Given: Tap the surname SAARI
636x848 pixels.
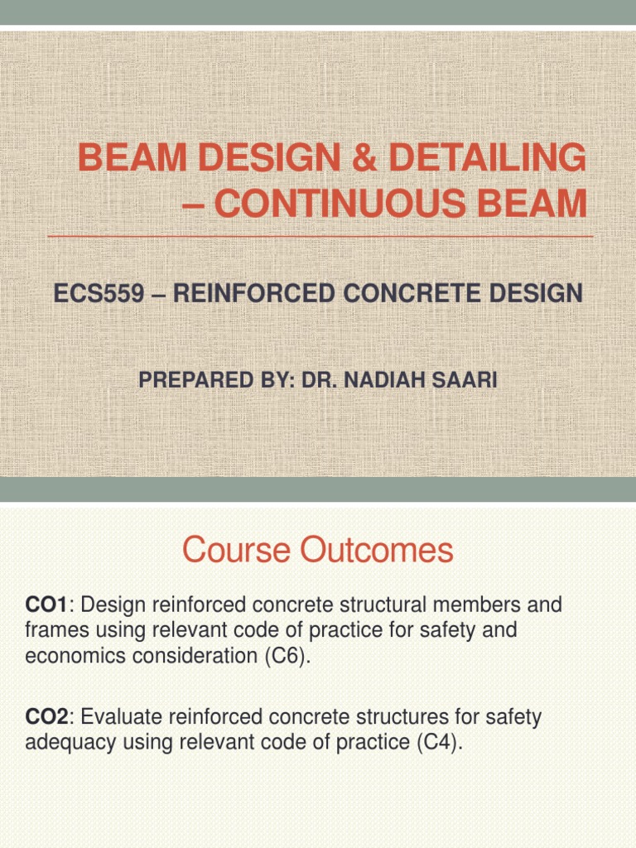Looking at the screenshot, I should pyautogui.click(x=469, y=381).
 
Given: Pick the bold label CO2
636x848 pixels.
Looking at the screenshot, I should pyautogui.click(x=44, y=717).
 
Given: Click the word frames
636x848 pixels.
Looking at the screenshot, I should pyautogui.click(x=54, y=631).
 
